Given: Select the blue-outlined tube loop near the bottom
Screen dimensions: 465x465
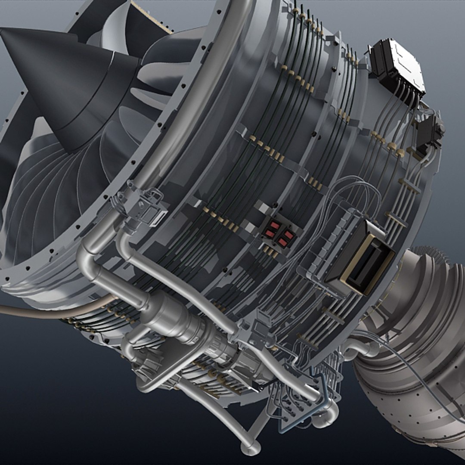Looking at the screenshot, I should click(x=301, y=405).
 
